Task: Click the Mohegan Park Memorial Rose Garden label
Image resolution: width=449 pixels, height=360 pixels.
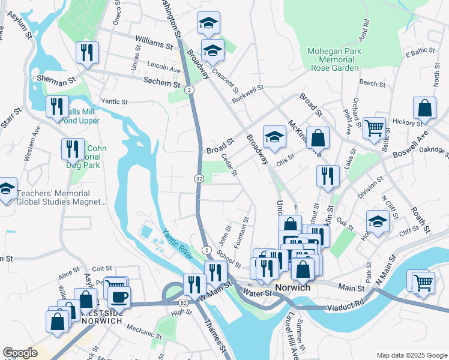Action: (334, 59)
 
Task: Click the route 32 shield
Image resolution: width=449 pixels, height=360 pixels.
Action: (199, 179)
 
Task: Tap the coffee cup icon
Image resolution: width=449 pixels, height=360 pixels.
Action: (119, 296)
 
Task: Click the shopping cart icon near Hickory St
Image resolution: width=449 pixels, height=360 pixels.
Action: (373, 127)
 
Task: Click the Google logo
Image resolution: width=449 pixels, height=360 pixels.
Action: (20, 353)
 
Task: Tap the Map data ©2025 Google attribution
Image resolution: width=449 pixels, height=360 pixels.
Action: (411, 355)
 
